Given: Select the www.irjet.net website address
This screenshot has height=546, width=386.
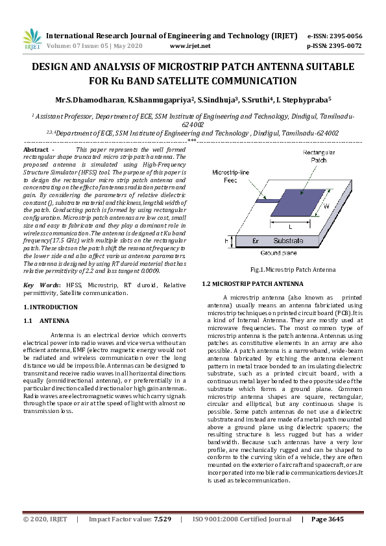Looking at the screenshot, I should tap(189, 46).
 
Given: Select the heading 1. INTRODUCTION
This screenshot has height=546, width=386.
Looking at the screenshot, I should tap(51, 306).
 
